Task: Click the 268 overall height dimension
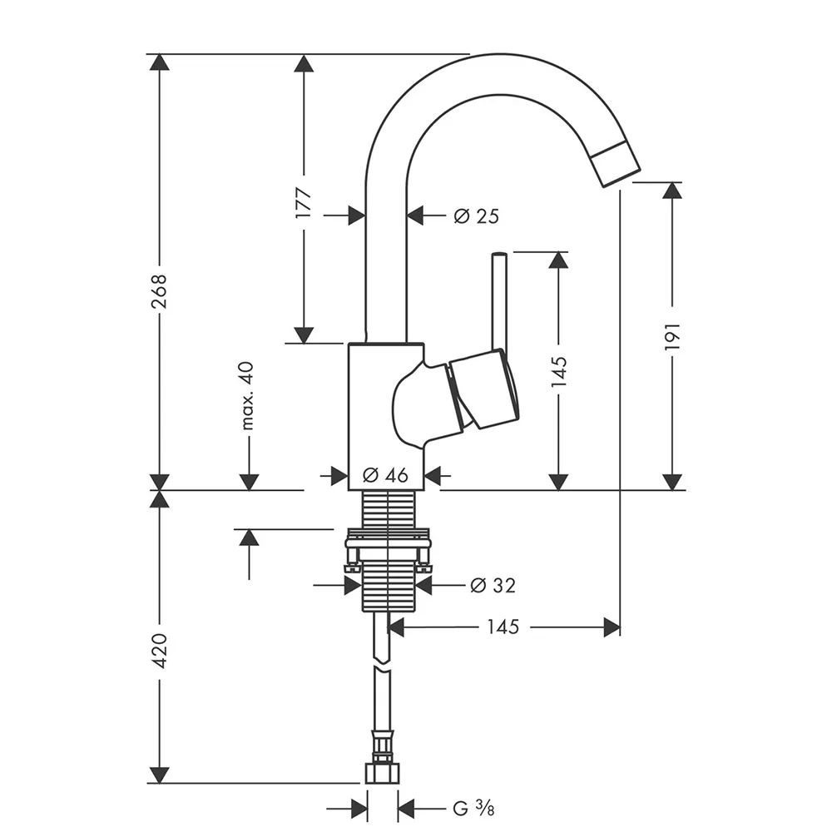point(159,291)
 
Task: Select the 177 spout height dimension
point(304,203)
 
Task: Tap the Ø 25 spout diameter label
point(476,216)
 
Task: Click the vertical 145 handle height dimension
point(558,371)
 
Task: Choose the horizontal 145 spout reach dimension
point(502,626)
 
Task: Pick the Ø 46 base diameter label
point(386,476)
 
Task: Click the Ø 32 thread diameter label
point(493,586)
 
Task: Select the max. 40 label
point(247,396)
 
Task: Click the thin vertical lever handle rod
point(498,300)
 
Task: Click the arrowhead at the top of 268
point(159,62)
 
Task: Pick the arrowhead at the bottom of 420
point(159,775)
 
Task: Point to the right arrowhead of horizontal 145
point(612,626)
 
